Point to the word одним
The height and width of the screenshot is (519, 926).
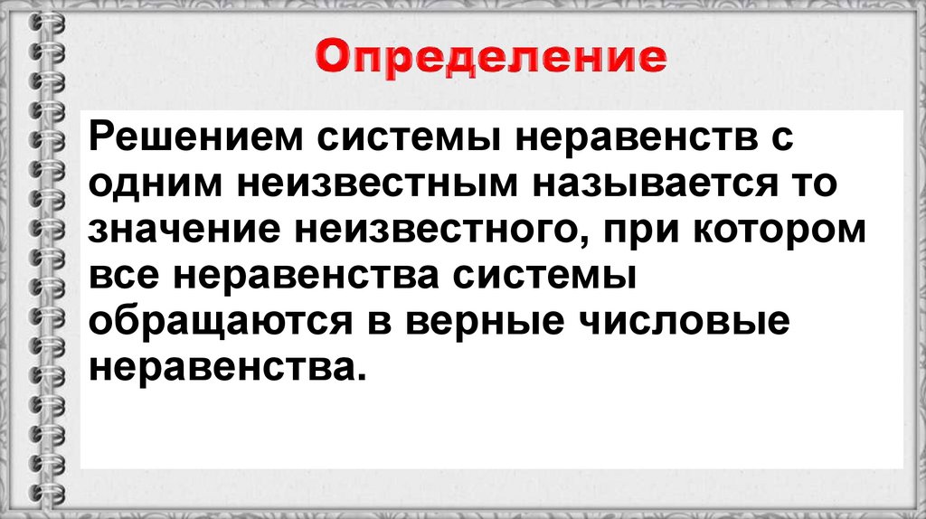(x=148, y=185)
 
